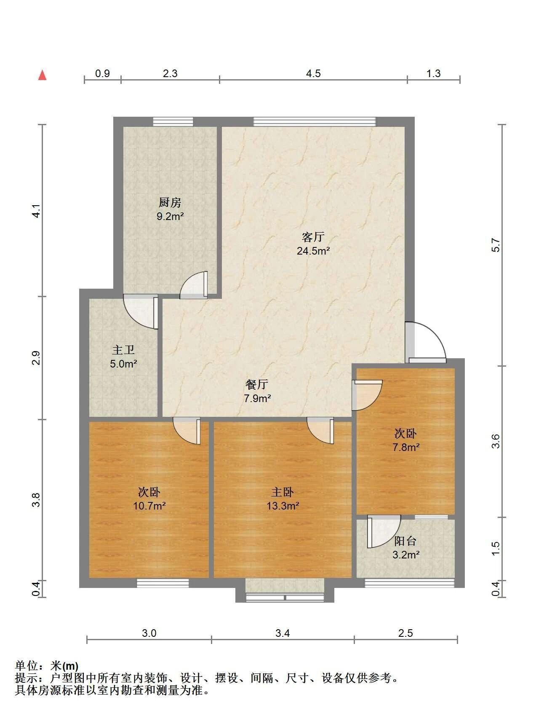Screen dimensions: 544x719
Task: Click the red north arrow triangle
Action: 42,75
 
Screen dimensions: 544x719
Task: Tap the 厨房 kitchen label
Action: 170,203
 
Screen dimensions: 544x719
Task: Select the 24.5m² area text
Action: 313,251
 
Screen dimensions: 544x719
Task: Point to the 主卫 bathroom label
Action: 123,350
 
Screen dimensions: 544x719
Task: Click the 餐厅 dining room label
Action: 257,384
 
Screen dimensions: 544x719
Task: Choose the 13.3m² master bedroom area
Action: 283,506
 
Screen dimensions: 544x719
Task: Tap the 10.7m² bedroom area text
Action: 149,506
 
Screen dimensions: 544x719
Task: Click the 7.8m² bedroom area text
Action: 406,447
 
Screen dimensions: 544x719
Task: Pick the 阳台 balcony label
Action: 405,541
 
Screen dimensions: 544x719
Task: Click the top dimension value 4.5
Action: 313,74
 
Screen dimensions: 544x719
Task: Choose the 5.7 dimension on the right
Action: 496,245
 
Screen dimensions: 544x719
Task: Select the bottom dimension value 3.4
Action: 283,633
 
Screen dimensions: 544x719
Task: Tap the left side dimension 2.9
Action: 37,358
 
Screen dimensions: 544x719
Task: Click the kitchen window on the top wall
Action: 173,121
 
